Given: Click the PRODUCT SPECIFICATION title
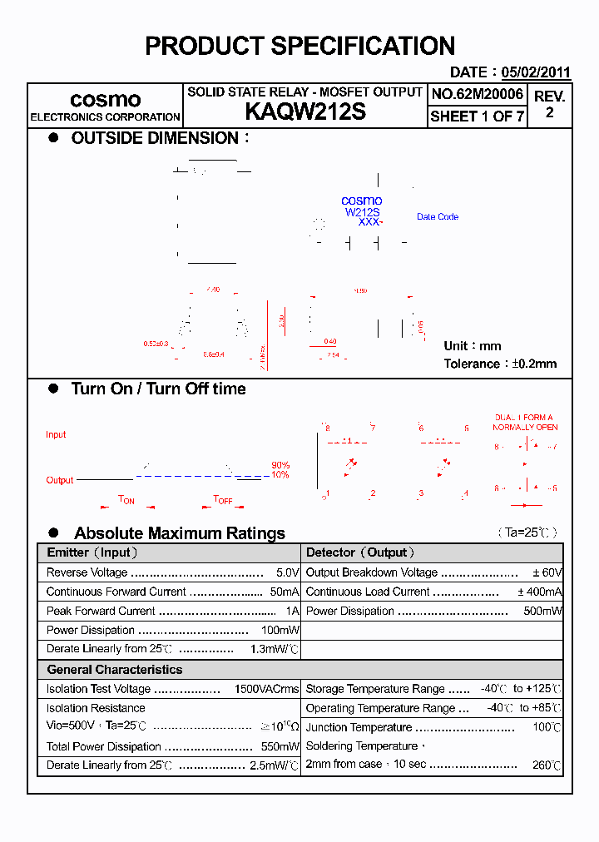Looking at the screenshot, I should [x=299, y=46].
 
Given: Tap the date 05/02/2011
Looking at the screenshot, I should [x=536, y=72].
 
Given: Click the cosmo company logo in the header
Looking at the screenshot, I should [x=105, y=99].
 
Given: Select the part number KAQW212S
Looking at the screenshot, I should [x=305, y=112].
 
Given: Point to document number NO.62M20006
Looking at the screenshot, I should [x=477, y=95].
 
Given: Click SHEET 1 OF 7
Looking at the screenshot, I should [x=477, y=116].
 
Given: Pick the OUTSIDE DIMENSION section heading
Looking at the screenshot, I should [x=155, y=138].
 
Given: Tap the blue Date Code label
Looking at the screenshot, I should [x=437, y=217].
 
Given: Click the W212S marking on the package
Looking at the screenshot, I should [x=362, y=212].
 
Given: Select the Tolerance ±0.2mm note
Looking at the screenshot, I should [x=500, y=364].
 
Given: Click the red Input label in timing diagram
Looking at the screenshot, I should [x=56, y=434].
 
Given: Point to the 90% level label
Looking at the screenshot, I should [x=280, y=465].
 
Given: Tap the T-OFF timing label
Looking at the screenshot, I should [x=223, y=500].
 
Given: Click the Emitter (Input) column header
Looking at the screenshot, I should [x=92, y=552].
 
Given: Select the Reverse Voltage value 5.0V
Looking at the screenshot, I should [x=287, y=572].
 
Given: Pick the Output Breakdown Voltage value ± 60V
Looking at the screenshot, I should [x=547, y=572].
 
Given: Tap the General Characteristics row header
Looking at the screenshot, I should [x=114, y=669].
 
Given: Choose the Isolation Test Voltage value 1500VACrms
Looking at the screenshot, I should [x=266, y=689].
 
